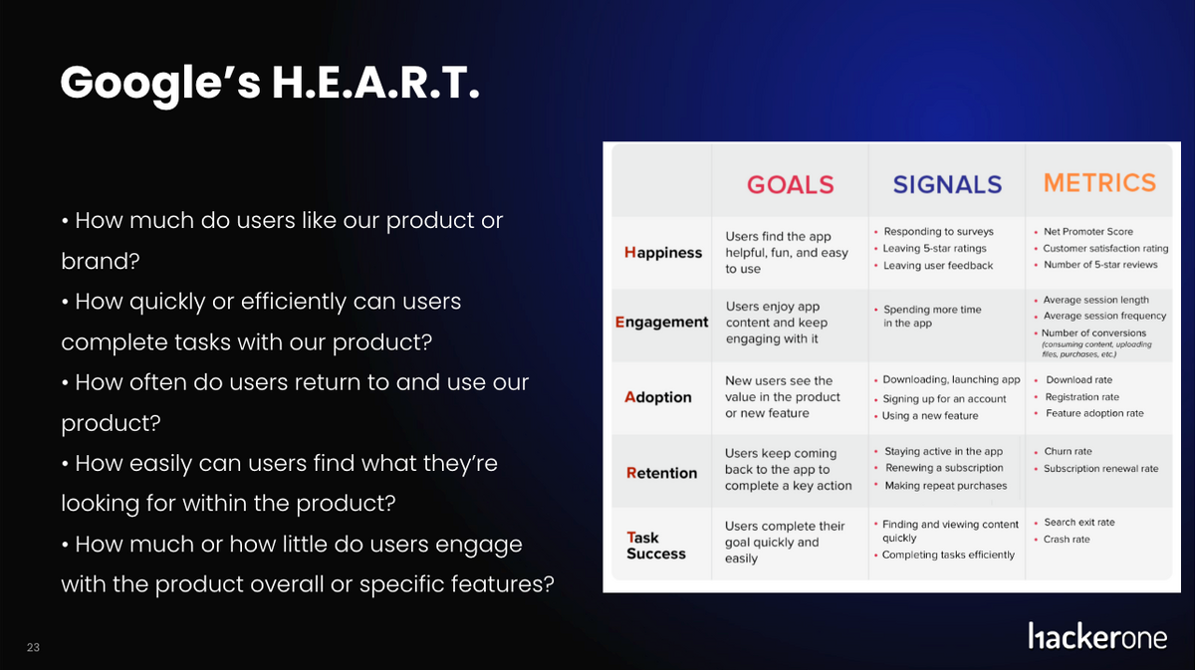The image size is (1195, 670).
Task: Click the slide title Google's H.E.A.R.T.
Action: click(x=270, y=84)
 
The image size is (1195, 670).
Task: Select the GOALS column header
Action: click(x=790, y=184)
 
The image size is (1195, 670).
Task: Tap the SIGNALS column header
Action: click(x=947, y=184)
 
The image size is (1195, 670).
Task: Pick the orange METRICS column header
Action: click(x=1099, y=182)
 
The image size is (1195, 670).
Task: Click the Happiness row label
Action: click(x=663, y=252)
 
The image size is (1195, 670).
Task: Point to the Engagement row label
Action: click(x=661, y=323)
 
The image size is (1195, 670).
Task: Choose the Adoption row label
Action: click(x=658, y=397)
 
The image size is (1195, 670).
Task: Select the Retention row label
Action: click(x=661, y=473)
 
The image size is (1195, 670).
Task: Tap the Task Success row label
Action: click(x=656, y=546)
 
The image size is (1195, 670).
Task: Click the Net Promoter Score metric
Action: click(x=1088, y=232)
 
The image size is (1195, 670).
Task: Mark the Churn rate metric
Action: click(x=1068, y=451)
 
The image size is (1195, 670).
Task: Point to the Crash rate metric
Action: click(x=1067, y=540)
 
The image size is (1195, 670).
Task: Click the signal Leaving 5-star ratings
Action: click(x=935, y=248)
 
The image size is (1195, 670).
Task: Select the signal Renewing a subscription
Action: click(x=944, y=468)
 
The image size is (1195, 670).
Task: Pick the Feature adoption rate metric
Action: click(x=1094, y=413)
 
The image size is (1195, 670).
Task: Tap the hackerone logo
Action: click(x=1097, y=636)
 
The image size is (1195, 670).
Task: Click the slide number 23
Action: click(x=33, y=647)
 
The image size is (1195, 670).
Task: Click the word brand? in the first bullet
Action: click(x=101, y=262)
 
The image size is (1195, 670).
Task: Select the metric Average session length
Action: click(x=1095, y=300)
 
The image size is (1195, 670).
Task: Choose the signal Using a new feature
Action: click(x=930, y=415)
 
